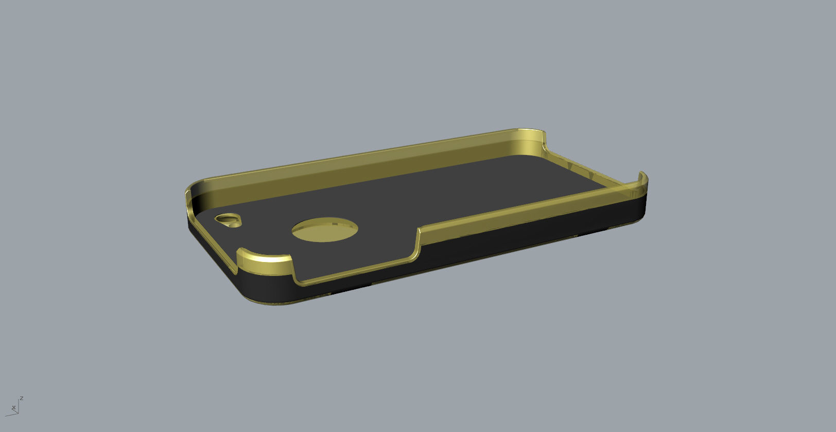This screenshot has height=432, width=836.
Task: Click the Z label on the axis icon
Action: tap(22, 398)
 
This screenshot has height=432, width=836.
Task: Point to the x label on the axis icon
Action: tap(13, 408)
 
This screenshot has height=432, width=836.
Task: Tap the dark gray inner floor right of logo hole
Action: tap(438, 206)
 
